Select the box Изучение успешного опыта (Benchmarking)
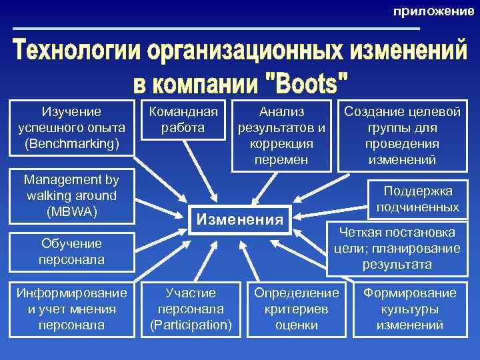(x=72, y=127)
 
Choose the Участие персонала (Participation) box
(x=191, y=309)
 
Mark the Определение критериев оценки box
(x=297, y=309)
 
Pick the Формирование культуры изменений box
(x=409, y=309)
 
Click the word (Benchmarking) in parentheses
(x=72, y=143)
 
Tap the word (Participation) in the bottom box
(x=191, y=325)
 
